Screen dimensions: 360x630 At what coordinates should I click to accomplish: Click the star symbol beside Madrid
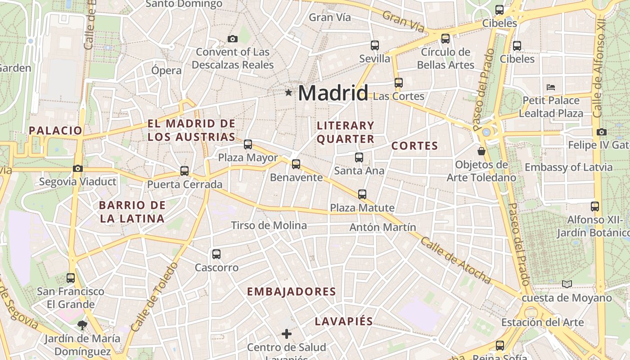288,93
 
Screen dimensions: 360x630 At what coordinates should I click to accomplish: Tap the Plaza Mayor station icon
248,144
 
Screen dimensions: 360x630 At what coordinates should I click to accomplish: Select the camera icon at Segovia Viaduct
78,169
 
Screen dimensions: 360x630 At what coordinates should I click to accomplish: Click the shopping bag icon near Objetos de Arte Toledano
481,151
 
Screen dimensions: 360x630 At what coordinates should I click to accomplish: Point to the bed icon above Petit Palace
551,87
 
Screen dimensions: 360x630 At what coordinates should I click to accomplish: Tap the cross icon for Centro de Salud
287,334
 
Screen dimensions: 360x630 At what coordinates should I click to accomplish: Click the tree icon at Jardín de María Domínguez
82,324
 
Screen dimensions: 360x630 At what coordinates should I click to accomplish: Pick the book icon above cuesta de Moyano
567,284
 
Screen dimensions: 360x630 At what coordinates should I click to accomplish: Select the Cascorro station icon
216,254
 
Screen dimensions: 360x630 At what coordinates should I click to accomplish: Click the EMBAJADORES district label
292,292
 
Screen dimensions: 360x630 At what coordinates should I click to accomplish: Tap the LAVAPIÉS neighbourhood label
344,321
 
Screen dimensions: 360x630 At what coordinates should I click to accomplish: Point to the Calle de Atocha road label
455,261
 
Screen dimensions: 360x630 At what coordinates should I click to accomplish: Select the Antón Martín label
382,227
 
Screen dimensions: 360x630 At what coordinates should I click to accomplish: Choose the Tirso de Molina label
269,225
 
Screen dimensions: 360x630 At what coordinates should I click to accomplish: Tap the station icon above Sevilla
375,45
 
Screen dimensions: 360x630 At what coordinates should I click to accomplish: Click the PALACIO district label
55,131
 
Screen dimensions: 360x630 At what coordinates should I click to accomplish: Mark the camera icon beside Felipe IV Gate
602,132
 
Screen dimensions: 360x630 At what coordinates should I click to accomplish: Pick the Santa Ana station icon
359,157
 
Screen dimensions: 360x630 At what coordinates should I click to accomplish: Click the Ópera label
166,71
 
